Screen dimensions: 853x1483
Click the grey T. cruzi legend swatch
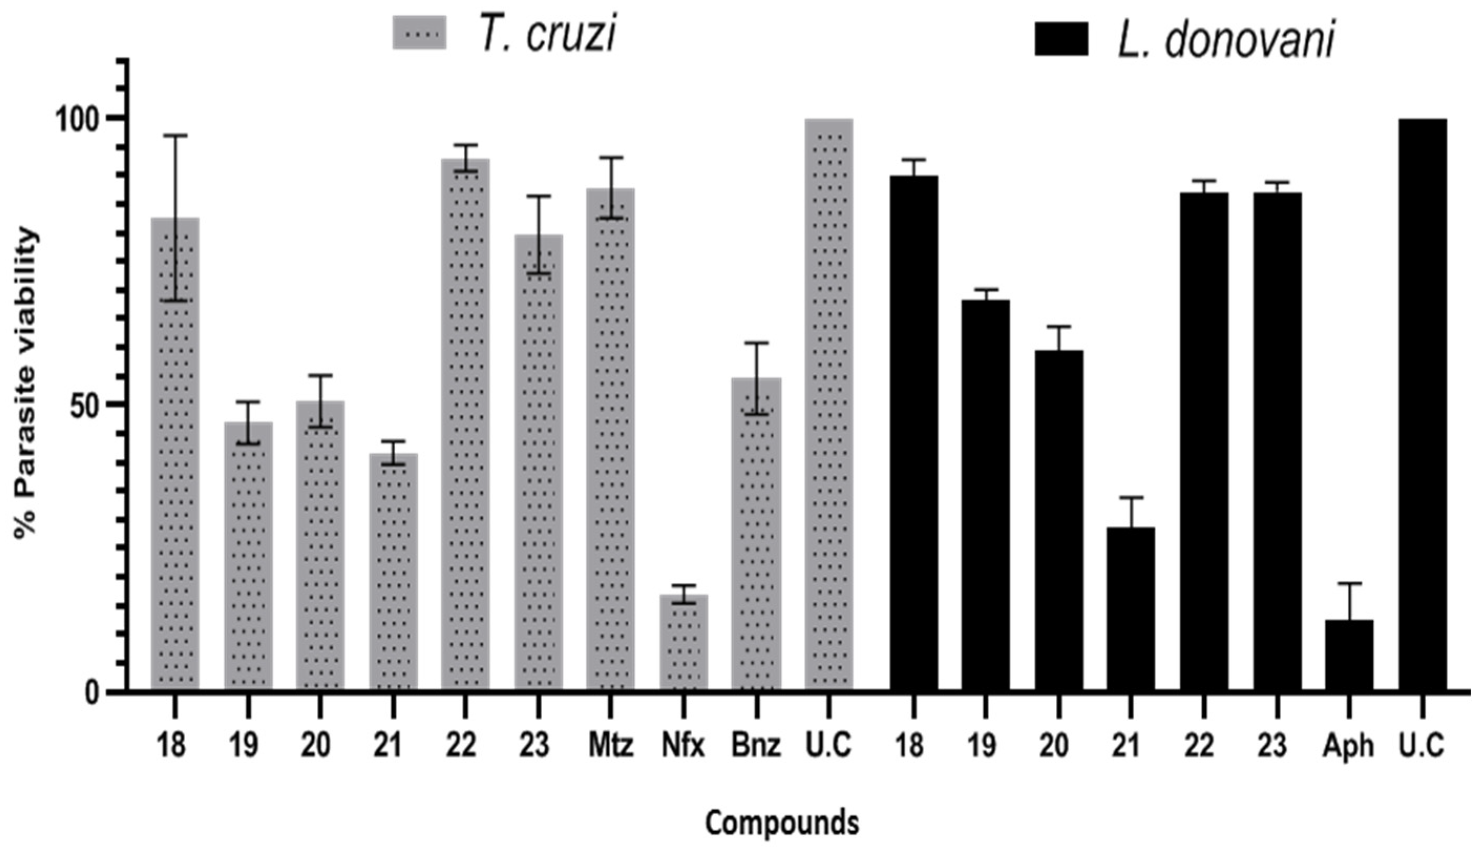419,32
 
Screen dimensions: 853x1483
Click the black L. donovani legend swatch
1061,39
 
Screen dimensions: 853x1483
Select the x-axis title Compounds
782,823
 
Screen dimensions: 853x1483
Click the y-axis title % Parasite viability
26,384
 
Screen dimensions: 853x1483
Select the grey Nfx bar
684,643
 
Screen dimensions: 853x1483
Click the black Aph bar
1349,655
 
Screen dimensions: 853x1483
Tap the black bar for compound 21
1131,609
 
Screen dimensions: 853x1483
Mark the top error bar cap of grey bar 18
175,135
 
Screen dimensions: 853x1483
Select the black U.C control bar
1422,404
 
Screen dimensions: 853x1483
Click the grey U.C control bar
828,404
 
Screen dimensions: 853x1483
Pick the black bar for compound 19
985,495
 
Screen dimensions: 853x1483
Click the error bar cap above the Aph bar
1349,584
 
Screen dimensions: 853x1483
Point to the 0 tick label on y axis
92,692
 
